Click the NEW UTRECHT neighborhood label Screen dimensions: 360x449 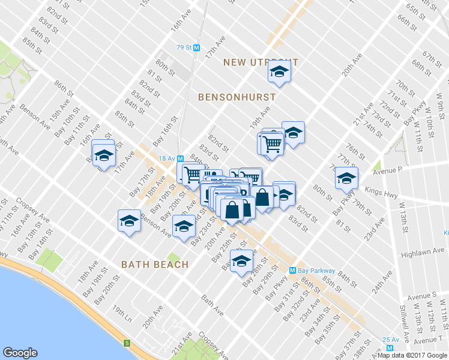point(261,62)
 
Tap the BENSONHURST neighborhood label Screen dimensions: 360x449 point(237,97)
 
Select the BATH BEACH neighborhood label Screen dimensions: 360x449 point(155,264)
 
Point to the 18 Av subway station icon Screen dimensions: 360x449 point(179,157)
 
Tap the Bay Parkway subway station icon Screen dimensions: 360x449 point(294,271)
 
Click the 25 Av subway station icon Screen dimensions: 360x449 point(391,347)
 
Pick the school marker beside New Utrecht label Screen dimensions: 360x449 point(279,72)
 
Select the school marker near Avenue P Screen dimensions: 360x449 point(346,178)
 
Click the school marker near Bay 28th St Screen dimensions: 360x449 point(242,260)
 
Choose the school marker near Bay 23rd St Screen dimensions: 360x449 point(184,226)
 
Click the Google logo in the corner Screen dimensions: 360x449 point(20,353)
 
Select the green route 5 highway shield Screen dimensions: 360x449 point(127,343)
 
